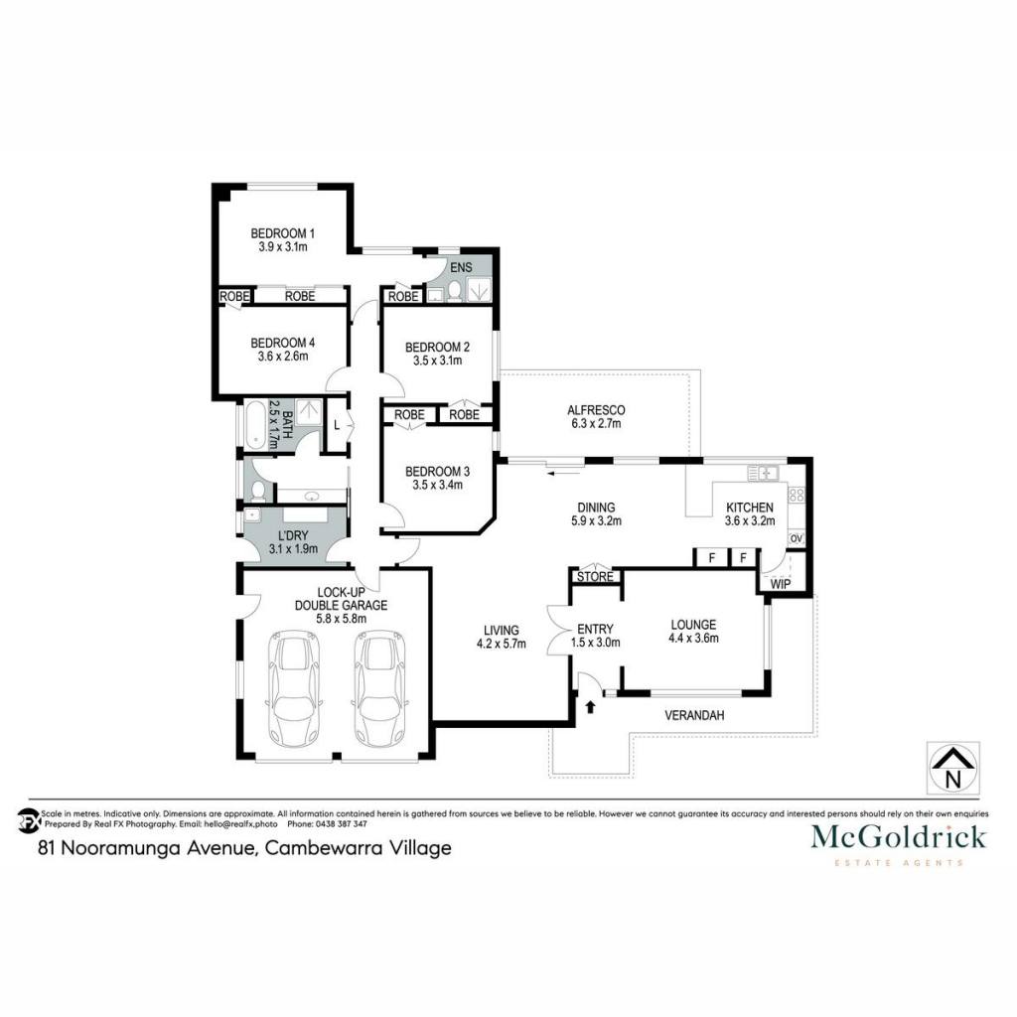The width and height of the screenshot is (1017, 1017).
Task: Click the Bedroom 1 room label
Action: (283, 233)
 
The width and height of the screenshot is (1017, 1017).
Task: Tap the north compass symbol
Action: (952, 769)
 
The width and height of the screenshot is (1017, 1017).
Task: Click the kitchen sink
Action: (764, 473)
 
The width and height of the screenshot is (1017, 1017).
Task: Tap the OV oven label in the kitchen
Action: (796, 538)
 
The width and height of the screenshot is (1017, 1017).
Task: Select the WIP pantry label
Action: (781, 584)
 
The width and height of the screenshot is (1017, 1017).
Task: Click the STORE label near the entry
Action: (595, 577)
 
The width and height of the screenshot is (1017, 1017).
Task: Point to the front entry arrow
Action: (590, 706)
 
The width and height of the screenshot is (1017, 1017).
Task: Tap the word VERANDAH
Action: (694, 715)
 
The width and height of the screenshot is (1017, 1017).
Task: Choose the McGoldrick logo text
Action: (898, 836)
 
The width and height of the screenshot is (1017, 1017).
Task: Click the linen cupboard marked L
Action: (337, 425)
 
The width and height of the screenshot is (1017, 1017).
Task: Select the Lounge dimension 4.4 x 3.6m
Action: (693, 639)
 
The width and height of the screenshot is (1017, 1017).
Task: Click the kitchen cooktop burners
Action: (796, 496)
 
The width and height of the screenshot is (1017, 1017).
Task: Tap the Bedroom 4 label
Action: (283, 343)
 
